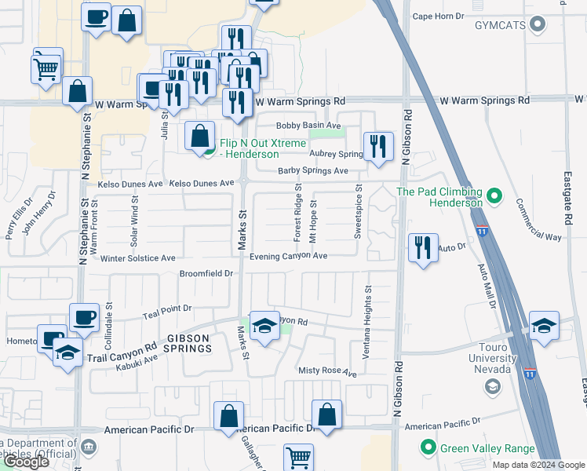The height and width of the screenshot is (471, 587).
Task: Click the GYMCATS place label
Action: coord(498,25)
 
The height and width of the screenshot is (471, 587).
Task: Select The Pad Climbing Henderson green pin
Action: coord(494,195)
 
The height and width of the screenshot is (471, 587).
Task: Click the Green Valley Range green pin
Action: coord(428,448)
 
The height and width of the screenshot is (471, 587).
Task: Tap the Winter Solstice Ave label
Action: coord(137,257)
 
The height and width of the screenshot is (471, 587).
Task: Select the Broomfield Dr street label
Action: coord(207,273)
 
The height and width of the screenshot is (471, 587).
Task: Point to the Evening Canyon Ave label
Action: coord(288,256)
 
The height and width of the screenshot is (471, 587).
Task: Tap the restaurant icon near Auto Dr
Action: coord(423,249)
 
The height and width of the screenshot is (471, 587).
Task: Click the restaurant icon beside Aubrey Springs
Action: coord(378,147)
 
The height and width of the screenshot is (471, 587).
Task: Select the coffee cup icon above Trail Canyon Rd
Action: coord(84,319)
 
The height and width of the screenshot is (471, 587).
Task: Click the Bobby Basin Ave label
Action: coord(308,126)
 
